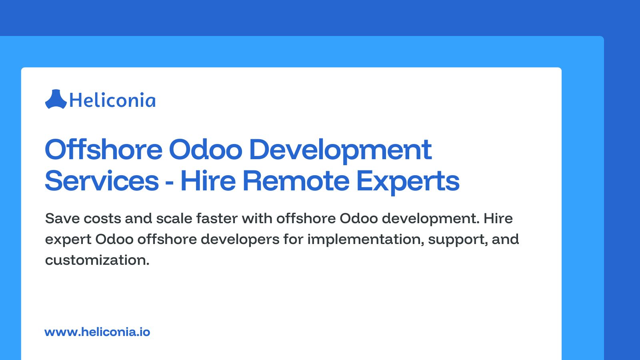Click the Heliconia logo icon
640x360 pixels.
[56, 100]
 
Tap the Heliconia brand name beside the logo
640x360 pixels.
[112, 100]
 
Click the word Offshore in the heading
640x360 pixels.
[104, 150]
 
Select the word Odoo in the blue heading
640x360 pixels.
[206, 150]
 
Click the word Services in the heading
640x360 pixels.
[102, 181]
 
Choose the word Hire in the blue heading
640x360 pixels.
[208, 181]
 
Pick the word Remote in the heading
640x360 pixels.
[296, 181]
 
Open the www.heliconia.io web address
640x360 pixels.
[97, 332]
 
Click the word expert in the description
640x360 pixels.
[68, 240]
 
